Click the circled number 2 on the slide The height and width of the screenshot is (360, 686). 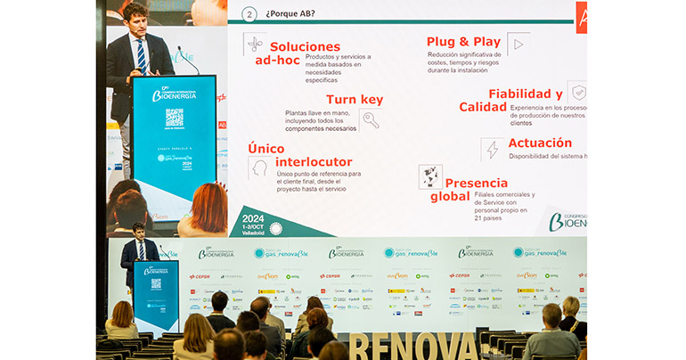(x=249, y=14)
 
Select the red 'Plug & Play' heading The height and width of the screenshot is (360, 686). (x=462, y=41)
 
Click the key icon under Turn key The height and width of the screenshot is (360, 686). (x=371, y=120)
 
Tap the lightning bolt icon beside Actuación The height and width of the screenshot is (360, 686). (x=493, y=150)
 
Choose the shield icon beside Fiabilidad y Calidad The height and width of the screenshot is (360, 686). (x=578, y=93)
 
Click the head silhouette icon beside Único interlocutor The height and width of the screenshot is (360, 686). (x=260, y=168)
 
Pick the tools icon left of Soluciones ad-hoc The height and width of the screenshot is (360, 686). (x=255, y=45)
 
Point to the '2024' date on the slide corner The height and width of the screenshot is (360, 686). (x=254, y=217)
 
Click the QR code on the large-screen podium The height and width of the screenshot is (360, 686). (x=174, y=118)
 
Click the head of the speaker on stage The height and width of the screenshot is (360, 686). (x=138, y=230)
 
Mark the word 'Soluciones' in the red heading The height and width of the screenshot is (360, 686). (x=305, y=46)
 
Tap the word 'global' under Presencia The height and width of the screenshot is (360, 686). (x=449, y=196)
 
